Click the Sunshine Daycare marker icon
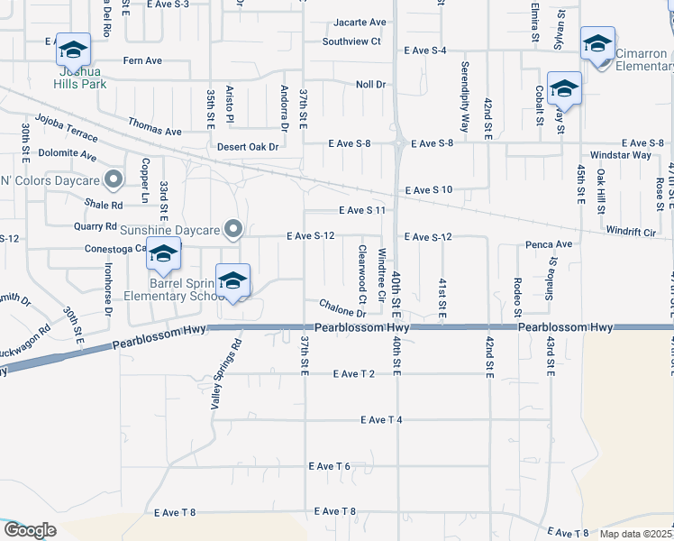[x=234, y=229]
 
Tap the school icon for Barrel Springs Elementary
[x=163, y=255]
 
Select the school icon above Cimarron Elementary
[x=597, y=43]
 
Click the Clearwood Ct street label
[x=362, y=273]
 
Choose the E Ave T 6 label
[x=329, y=466]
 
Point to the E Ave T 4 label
[x=380, y=419]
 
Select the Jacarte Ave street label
[x=360, y=22]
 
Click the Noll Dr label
[x=370, y=84]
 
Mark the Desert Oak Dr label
[x=245, y=146]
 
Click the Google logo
[x=30, y=529]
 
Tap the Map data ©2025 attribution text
[x=635, y=534]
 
